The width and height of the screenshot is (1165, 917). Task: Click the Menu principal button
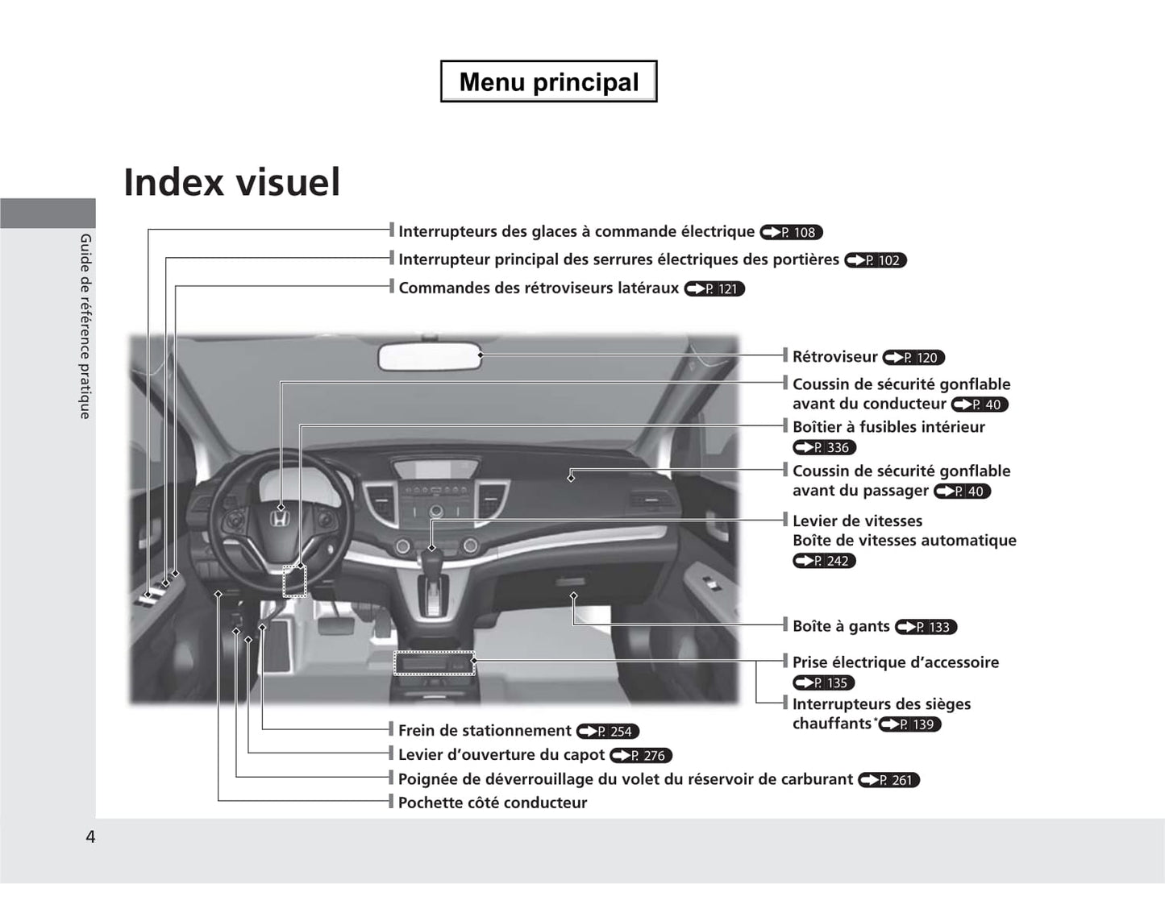point(548,81)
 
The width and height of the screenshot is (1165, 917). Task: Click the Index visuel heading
point(232,182)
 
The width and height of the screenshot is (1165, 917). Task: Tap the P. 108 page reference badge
point(791,232)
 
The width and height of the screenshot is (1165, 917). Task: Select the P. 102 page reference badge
point(876,260)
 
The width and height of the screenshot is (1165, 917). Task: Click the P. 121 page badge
point(714,289)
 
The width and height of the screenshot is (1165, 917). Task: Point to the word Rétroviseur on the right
point(834,357)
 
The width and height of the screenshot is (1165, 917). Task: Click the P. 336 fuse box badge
point(825,447)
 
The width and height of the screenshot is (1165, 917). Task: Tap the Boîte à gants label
point(841,626)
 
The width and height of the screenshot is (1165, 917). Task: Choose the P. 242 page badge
point(825,561)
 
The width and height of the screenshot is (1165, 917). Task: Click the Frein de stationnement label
point(485,731)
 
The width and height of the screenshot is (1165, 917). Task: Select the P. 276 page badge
point(641,755)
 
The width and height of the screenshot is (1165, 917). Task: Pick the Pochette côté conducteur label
point(493,803)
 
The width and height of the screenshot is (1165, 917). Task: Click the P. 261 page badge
point(889,780)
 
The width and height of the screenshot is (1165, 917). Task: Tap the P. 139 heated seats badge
point(909,724)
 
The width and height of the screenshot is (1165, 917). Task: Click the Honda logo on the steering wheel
point(278,519)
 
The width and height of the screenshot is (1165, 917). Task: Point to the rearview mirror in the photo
point(429,357)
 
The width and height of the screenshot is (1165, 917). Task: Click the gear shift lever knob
point(431,562)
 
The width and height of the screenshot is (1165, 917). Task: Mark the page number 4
point(90,837)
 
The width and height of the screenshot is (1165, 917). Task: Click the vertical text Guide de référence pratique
point(85,326)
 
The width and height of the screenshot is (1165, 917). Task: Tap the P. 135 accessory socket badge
point(823,683)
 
